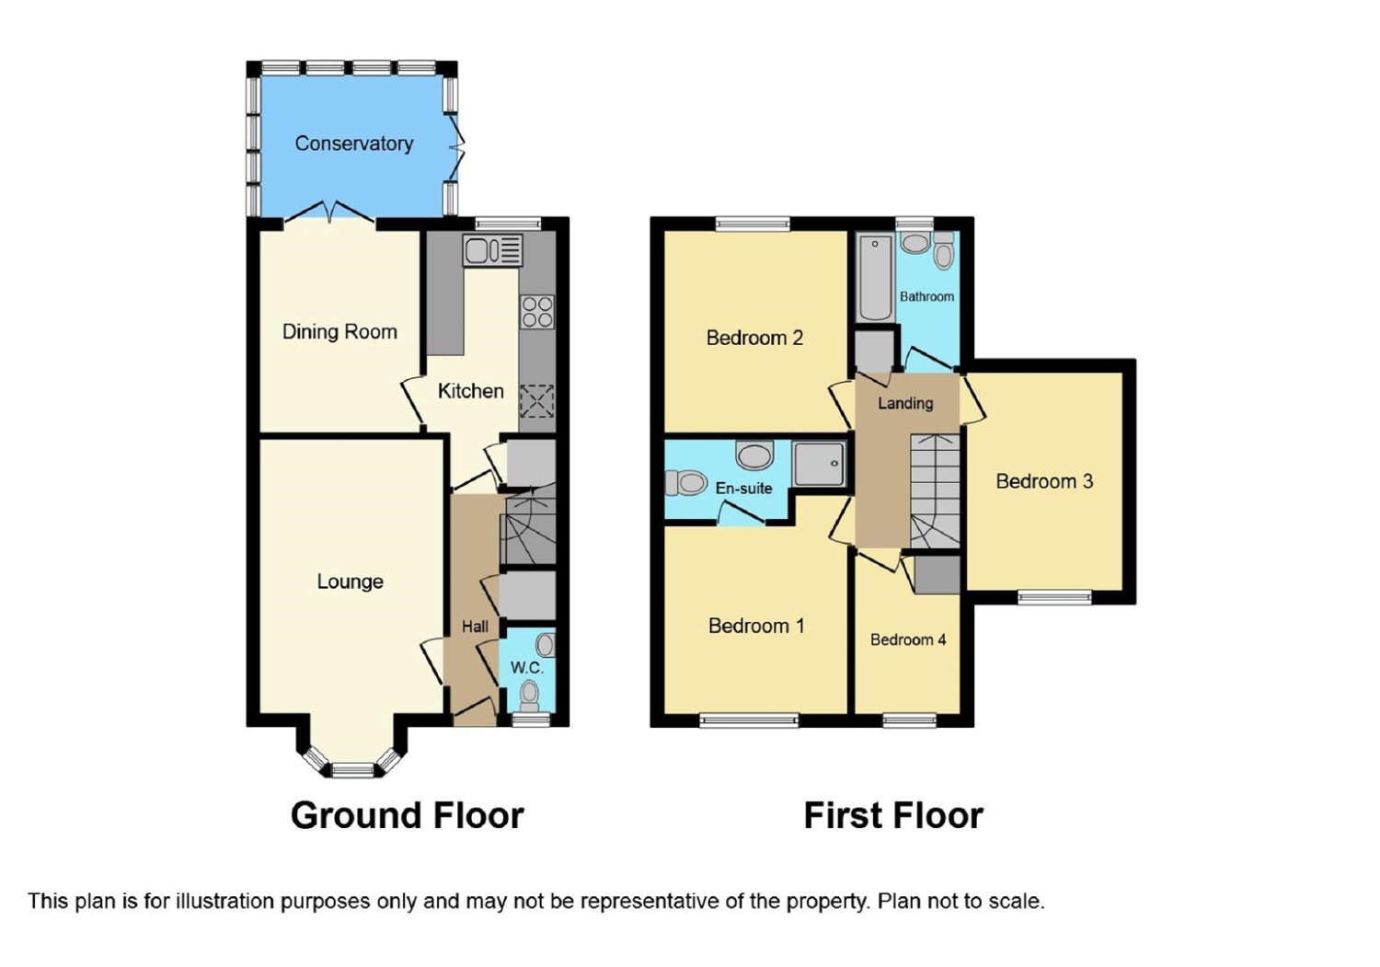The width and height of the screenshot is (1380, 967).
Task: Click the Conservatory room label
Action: pyautogui.click(x=353, y=144)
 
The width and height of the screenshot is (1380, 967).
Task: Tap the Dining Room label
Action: pyautogui.click(x=339, y=331)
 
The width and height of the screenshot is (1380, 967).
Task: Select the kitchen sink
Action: pyautogui.click(x=492, y=250)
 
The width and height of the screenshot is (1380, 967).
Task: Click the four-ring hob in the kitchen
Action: pyautogui.click(x=537, y=311)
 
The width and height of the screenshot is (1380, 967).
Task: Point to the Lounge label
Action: pyautogui.click(x=350, y=581)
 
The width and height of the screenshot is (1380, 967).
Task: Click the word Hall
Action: pyautogui.click(x=475, y=627)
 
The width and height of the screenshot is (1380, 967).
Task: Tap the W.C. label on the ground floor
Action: pyautogui.click(x=527, y=667)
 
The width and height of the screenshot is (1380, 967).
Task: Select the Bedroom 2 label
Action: pyautogui.click(x=754, y=338)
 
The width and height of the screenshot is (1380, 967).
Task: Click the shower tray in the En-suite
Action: pyautogui.click(x=819, y=463)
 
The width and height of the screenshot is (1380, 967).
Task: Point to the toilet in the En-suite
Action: pyautogui.click(x=684, y=482)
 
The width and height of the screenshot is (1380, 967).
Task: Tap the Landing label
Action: pyautogui.click(x=905, y=403)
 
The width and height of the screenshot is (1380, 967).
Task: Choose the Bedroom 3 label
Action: pyautogui.click(x=1044, y=481)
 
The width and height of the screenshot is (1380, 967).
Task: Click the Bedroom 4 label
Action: pyautogui.click(x=908, y=639)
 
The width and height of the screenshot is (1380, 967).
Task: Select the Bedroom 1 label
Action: pyautogui.click(x=756, y=626)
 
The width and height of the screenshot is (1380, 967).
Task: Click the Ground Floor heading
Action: pyautogui.click(x=407, y=815)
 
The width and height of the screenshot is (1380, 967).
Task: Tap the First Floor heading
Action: pyautogui.click(x=893, y=815)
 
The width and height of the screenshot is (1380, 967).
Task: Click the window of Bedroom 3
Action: pyautogui.click(x=1054, y=597)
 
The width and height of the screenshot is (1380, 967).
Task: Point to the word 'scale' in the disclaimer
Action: pyautogui.click(x=1015, y=901)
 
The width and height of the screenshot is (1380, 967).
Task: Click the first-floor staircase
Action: pyautogui.click(x=935, y=491)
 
